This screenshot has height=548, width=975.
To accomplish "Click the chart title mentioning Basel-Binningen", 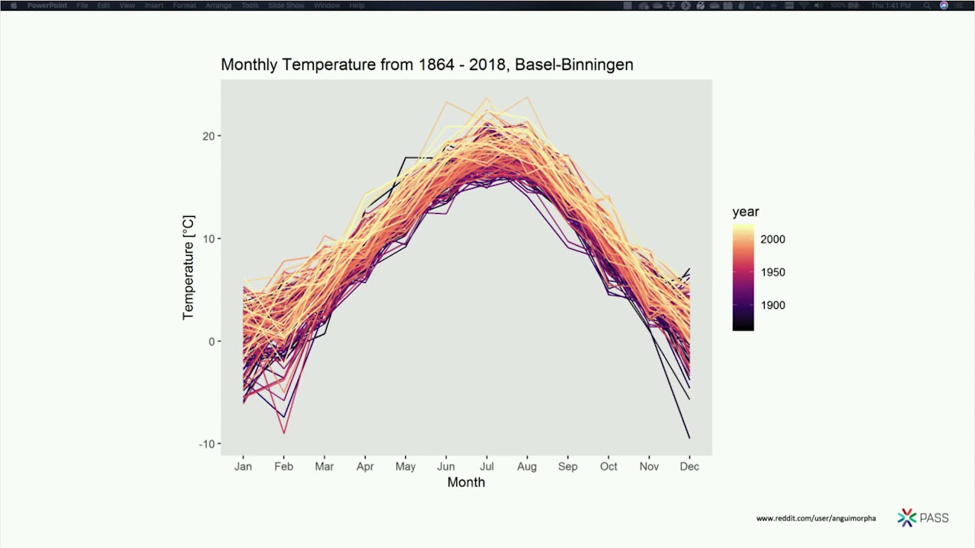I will tap(427, 65).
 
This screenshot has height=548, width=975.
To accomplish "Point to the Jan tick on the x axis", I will tap(243, 466).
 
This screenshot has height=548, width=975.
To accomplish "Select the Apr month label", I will tap(365, 466).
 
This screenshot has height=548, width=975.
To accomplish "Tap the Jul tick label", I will tap(487, 466).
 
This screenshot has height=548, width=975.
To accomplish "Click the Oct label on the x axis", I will tap(608, 466).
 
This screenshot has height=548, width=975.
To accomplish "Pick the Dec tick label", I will tap(689, 466).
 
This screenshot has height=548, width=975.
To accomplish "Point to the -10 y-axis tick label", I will tap(205, 444).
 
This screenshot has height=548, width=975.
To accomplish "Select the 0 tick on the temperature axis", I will tap(211, 341).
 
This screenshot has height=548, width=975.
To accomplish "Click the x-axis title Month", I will tap(465, 483).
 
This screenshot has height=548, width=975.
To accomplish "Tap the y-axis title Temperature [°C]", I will tap(188, 267).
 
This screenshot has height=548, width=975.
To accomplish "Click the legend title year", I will tap(746, 212).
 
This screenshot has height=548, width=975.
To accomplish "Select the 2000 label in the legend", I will tap(772, 239).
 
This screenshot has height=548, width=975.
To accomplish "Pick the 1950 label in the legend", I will tap(772, 272).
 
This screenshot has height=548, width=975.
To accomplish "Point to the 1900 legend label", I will tap(772, 305).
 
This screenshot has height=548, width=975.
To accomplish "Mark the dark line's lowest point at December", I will tap(689, 438).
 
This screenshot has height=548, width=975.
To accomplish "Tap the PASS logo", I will tap(923, 518).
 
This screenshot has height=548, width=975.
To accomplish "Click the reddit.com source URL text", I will tap(816, 518).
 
